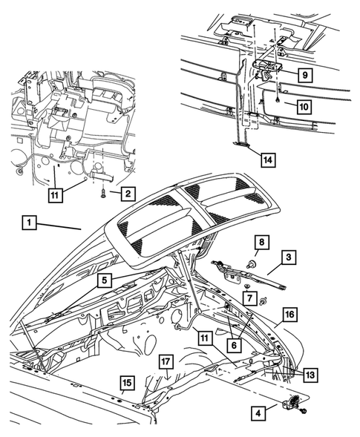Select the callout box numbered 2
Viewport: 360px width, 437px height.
128,194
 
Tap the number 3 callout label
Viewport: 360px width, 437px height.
289,257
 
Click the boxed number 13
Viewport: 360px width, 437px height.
310,375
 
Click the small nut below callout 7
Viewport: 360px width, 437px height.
264,299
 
